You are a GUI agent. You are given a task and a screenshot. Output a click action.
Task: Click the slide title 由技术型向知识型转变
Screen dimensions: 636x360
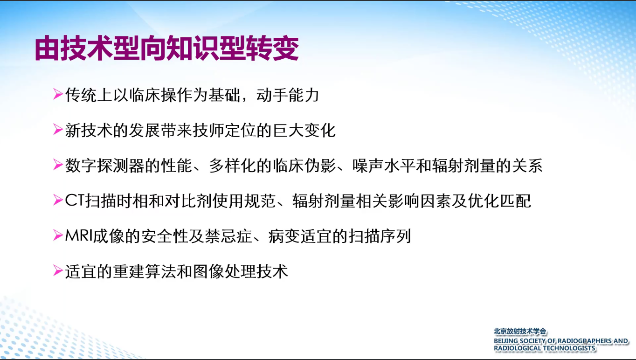166,48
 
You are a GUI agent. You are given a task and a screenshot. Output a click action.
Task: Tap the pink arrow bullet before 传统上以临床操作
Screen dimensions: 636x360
58,94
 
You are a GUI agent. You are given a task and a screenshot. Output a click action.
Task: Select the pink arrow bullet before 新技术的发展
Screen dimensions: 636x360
58,130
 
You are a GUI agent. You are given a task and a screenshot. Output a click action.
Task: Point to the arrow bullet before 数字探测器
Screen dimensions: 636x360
58,165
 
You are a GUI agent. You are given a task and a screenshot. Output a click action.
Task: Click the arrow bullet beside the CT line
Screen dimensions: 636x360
58,201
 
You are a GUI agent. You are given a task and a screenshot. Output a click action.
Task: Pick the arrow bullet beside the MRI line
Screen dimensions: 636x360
58,235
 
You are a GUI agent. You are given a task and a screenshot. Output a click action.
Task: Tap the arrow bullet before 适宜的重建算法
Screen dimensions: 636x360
58,271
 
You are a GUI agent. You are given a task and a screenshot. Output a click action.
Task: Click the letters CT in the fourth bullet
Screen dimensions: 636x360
75,201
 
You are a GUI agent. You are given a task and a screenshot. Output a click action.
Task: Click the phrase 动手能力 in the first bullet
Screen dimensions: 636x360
288,95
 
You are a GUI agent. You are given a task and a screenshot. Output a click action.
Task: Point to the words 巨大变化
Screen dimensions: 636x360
304,131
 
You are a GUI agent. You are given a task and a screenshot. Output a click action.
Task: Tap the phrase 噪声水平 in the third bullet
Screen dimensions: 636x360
384,166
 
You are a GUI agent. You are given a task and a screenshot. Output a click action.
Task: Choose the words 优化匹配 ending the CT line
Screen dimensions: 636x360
499,201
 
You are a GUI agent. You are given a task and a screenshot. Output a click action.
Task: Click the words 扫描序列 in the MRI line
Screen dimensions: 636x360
380,236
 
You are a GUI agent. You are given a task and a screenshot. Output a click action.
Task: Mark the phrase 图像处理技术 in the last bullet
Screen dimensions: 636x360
241,272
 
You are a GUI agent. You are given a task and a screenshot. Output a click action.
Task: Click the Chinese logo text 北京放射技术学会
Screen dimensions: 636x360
520,332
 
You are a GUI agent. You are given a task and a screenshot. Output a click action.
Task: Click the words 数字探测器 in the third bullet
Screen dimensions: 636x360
104,166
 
